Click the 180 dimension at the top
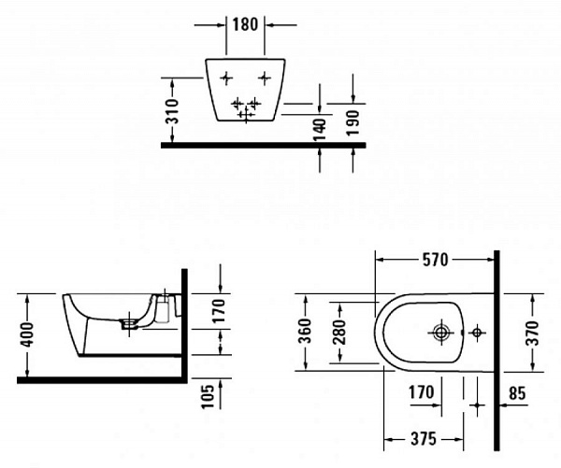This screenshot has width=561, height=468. (x=245, y=24)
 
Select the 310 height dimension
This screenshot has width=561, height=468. (x=173, y=111)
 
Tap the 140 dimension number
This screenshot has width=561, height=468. (x=319, y=129)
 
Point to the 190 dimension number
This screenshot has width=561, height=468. (x=352, y=122)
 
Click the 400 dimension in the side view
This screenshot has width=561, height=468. (x=27, y=334)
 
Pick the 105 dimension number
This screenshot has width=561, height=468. (x=207, y=396)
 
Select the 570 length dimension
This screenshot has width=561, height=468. (x=435, y=260)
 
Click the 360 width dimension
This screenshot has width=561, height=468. (x=305, y=331)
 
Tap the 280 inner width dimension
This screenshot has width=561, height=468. (x=339, y=332)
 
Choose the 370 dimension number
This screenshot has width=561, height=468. (x=533, y=333)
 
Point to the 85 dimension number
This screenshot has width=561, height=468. (x=518, y=393)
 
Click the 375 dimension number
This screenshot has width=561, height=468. (x=424, y=439)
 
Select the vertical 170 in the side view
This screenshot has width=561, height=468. (x=219, y=311)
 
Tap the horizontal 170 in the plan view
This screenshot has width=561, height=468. (x=422, y=392)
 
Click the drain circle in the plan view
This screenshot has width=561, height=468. (x=441, y=333)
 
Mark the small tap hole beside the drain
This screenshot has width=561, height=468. (x=477, y=333)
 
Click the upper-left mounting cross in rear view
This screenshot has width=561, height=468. (x=226, y=78)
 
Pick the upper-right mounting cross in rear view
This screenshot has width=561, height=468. (x=265, y=78)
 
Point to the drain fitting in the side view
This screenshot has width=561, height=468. (x=129, y=324)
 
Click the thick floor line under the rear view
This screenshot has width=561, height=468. (x=264, y=145)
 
